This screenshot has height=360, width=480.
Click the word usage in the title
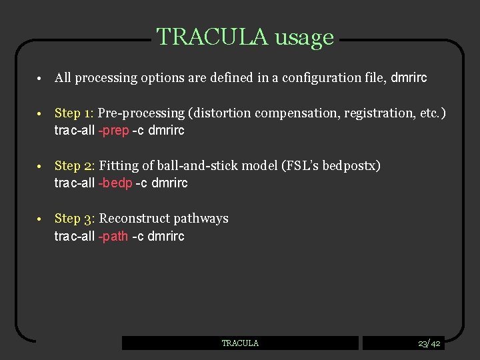pos(303,37)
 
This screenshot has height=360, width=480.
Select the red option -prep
pos(113,131)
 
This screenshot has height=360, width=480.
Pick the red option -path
pos(113,237)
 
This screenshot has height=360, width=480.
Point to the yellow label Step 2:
pos(75,166)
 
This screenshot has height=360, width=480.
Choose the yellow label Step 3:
pos(75,219)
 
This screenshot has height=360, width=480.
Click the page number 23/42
pos(429,343)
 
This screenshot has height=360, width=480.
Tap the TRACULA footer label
pos(240,343)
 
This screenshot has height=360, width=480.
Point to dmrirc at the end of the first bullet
pos(409,78)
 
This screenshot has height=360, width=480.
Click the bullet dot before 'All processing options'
pos(41,79)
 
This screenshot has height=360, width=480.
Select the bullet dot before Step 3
pos(41,219)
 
